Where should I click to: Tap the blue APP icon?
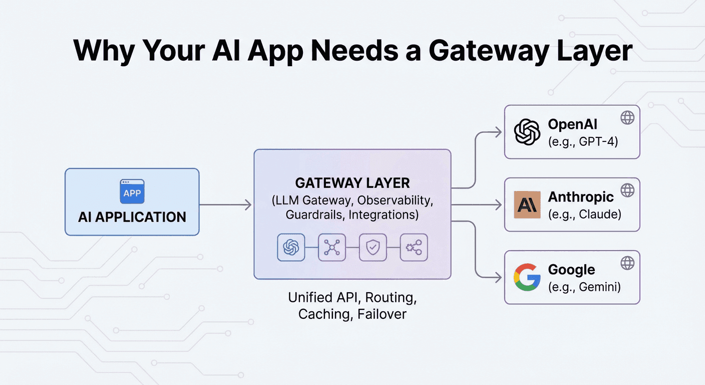click(x=132, y=192)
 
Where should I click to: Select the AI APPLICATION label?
click(x=132, y=217)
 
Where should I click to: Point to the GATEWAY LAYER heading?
click(x=352, y=183)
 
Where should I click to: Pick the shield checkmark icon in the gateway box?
click(x=373, y=247)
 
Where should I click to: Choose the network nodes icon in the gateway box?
click(x=332, y=247)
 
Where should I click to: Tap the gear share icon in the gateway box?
click(x=414, y=247)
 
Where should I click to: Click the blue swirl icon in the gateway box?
click(x=291, y=247)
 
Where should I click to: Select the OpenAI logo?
click(x=527, y=132)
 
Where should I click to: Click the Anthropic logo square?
click(x=527, y=205)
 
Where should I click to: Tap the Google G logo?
click(x=527, y=277)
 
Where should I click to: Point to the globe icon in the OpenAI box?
click(x=627, y=118)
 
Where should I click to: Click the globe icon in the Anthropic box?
click(x=627, y=190)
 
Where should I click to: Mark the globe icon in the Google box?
click(x=627, y=263)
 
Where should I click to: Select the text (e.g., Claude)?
click(x=584, y=215)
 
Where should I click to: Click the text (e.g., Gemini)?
click(x=584, y=287)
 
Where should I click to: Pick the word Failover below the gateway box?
click(x=382, y=314)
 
